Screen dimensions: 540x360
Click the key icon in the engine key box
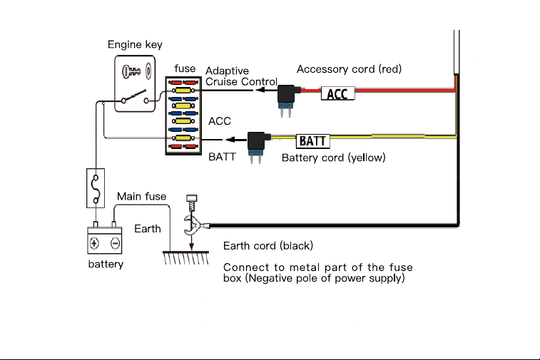(131, 71)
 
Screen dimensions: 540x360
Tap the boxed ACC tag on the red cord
(338, 93)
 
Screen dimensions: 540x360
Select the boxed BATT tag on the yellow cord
(312, 141)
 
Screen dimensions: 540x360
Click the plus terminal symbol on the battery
(94, 243)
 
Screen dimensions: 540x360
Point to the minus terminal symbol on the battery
(116, 243)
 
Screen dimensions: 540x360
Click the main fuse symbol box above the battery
(96, 188)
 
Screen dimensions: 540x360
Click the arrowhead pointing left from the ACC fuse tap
(260, 90)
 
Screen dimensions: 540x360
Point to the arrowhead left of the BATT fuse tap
(230, 140)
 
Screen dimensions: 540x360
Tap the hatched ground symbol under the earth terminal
(186, 258)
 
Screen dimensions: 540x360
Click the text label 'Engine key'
(135, 45)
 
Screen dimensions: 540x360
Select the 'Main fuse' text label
(141, 196)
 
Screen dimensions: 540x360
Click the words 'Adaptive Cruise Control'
(241, 76)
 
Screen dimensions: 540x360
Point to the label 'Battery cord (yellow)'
(333, 158)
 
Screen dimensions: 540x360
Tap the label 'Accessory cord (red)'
(350, 69)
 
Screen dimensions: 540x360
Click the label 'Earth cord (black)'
(268, 246)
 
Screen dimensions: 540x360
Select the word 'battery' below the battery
(106, 264)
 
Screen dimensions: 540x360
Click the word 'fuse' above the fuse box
(185, 68)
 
